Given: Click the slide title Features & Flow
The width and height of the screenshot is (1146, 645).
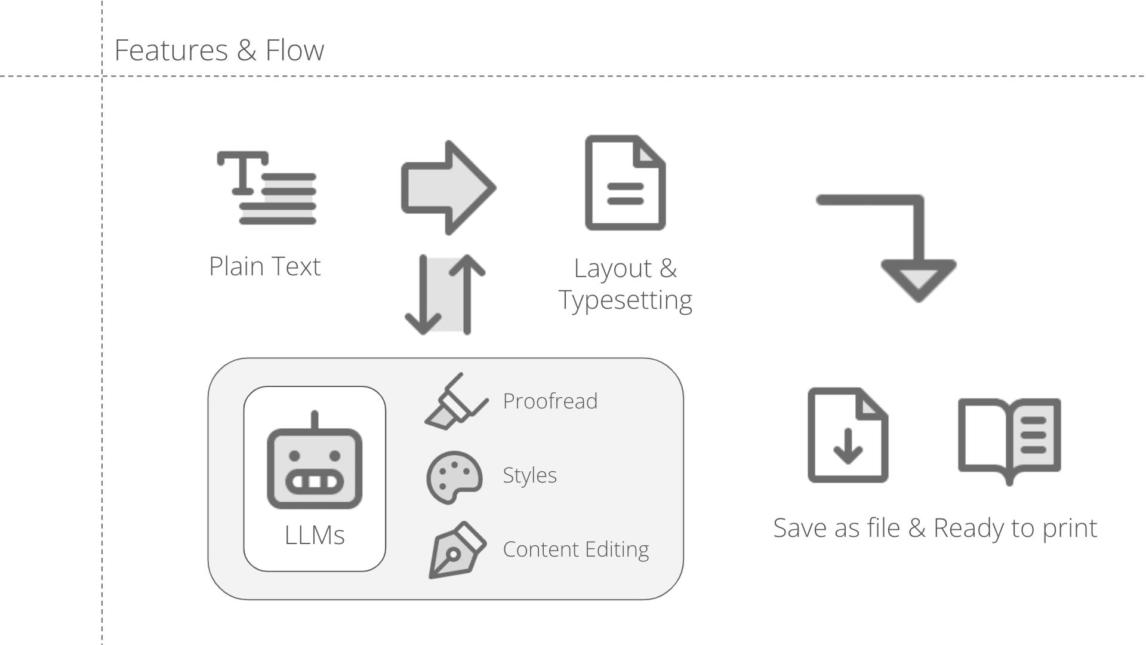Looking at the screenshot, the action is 219,50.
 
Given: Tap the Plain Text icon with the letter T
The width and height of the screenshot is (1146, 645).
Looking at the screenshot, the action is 266,188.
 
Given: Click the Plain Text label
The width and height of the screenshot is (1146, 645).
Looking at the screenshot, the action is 265,266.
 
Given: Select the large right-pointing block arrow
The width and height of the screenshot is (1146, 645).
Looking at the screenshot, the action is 448,188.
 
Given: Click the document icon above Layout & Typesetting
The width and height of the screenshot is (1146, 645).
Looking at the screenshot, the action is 625,183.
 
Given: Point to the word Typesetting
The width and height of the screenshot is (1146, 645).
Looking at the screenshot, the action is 626,300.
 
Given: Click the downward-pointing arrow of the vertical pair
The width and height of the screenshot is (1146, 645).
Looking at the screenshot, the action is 423,294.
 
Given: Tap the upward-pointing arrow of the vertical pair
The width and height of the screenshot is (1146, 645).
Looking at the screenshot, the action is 467,294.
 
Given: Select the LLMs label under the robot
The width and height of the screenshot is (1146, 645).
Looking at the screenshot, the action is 315,535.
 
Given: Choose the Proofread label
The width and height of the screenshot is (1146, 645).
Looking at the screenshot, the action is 550,401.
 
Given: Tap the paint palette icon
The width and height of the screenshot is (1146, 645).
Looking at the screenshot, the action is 454,477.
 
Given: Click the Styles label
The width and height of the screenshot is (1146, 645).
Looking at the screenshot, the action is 529,475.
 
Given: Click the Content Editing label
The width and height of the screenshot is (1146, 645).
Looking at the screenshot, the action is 576,549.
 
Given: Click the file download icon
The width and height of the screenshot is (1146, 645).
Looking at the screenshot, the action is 848,435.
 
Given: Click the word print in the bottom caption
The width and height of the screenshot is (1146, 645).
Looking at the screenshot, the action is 1070,529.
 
